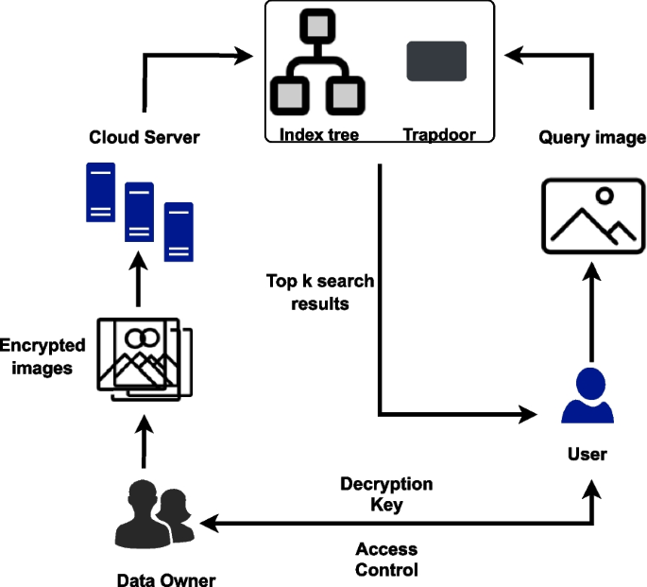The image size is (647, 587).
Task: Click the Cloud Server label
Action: click(144, 138)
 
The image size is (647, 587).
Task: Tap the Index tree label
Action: click(318, 135)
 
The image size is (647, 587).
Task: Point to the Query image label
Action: click(592, 138)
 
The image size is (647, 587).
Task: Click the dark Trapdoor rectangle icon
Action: click(436, 61)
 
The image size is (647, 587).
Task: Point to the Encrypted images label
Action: click(43, 356)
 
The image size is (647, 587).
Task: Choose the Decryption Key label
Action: click(386, 494)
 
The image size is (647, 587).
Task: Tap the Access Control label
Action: click(386, 560)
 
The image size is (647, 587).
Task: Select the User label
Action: click(587, 455)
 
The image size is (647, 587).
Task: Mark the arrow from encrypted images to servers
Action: click(138, 284)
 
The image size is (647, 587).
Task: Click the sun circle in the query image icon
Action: click(604, 197)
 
